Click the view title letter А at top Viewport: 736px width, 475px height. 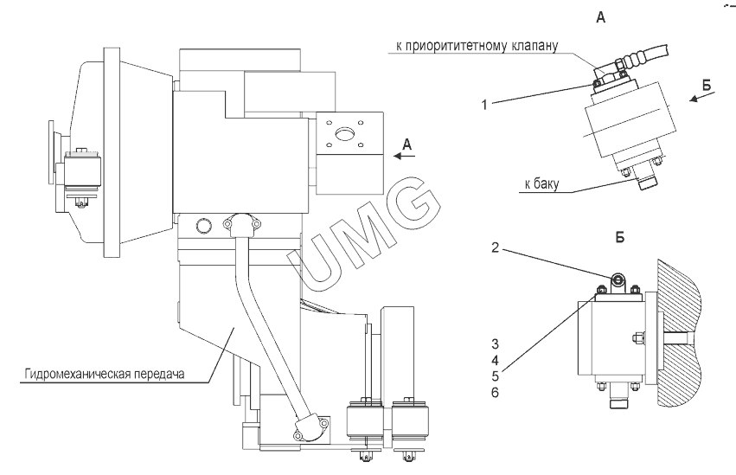(600, 16)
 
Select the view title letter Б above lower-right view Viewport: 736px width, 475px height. (619, 235)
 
